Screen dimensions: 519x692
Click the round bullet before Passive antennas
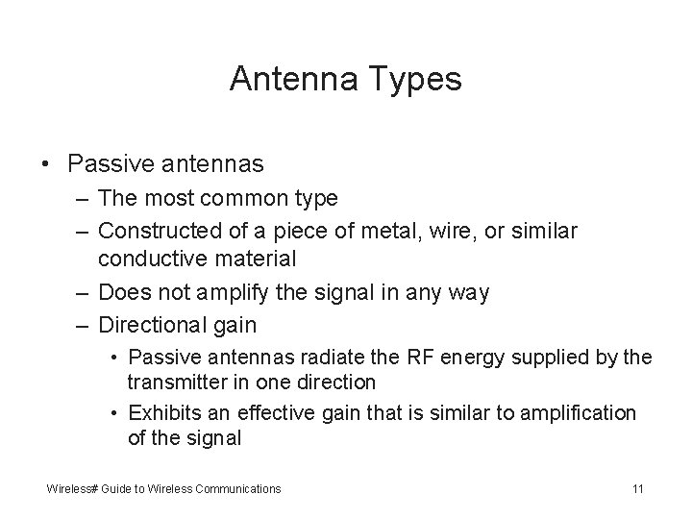(47, 164)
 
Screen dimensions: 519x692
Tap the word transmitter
(179, 383)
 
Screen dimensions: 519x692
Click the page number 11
(638, 489)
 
